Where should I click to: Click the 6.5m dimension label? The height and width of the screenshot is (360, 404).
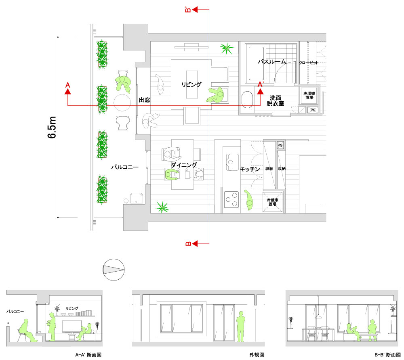coord(52,128)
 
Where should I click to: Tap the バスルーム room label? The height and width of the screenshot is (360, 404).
coord(272,62)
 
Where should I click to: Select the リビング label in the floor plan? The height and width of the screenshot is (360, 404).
coord(191,84)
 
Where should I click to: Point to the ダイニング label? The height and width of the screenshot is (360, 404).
coord(184,165)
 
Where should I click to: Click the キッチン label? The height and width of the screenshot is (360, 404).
coord(250,169)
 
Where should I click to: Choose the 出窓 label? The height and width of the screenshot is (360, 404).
coord(144,100)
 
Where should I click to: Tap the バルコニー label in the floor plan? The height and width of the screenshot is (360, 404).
coord(125,167)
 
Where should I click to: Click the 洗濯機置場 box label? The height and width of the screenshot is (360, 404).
coord(309,96)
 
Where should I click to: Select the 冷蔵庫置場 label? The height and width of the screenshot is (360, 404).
coord(273,202)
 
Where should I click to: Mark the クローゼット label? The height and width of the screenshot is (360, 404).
coord(308,63)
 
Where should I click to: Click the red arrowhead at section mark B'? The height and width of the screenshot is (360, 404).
coord(195,10)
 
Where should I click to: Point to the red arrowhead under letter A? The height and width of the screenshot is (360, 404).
coord(68,91)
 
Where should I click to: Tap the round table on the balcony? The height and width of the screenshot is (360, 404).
coord(122,103)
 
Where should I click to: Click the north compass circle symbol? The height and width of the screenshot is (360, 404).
coord(114,270)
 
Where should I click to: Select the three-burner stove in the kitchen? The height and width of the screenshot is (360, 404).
coord(231,199)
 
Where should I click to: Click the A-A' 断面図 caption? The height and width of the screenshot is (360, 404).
coord(88,355)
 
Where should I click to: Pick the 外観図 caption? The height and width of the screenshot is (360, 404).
coord(257,355)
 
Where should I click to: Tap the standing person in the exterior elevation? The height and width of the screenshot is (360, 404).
coord(241,327)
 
